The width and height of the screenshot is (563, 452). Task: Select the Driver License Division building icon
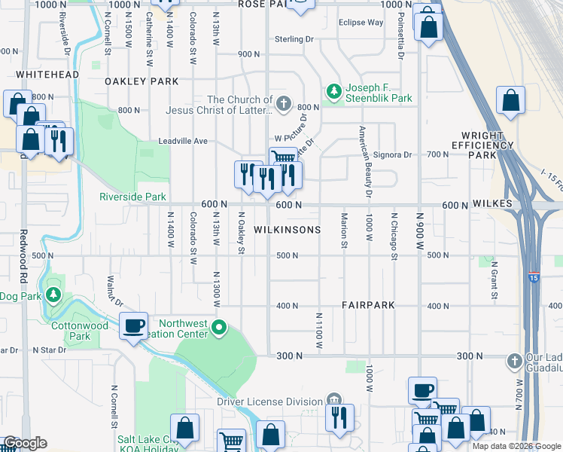(334, 401)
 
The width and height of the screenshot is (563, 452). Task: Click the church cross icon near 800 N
(284, 103)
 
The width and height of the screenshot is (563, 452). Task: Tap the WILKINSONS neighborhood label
(288, 229)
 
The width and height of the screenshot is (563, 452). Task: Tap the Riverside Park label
(132, 197)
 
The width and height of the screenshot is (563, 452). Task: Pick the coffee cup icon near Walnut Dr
(134, 325)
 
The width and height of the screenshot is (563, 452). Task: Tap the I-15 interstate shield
(533, 278)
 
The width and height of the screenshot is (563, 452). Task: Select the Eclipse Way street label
(361, 23)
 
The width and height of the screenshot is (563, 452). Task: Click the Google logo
(26, 443)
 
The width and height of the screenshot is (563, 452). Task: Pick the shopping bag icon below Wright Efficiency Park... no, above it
(510, 101)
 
